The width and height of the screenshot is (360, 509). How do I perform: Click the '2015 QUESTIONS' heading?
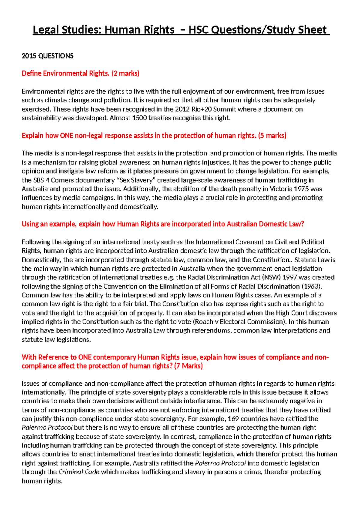pyautogui.click(x=47, y=56)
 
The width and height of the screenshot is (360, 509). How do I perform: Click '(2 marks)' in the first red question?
pyautogui.click(x=125, y=74)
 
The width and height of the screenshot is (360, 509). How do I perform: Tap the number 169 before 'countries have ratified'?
pyautogui.click(x=233, y=419)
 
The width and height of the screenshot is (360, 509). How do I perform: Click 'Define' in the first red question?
pyautogui.click(x=31, y=74)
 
